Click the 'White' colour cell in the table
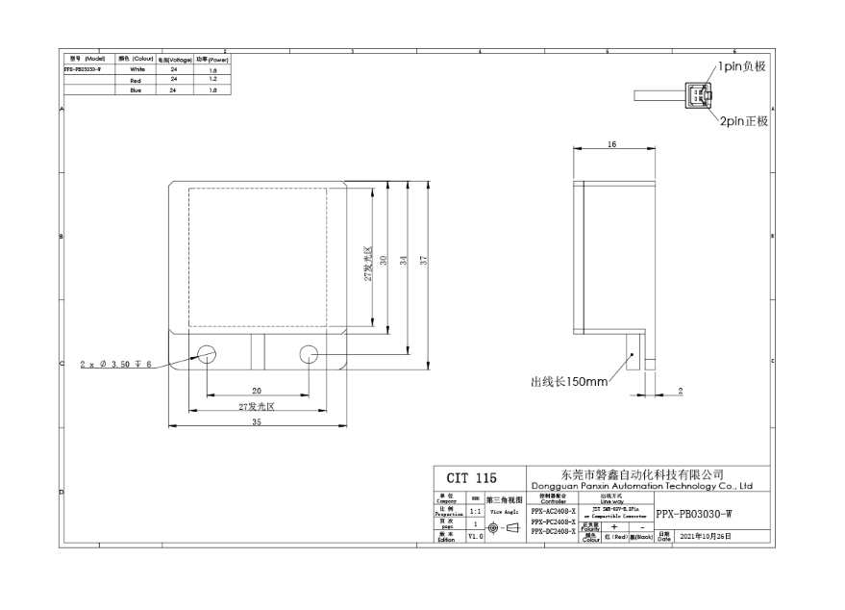[x=136, y=69]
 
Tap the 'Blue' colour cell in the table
[x=136, y=89]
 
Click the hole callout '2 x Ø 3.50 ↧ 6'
[x=116, y=364]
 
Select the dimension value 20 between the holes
[x=257, y=391]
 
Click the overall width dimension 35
[x=257, y=421]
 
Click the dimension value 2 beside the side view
[x=681, y=390]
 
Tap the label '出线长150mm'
[x=569, y=382]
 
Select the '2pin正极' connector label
[x=742, y=122]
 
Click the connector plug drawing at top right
[x=697, y=95]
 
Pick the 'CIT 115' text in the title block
[x=471, y=478]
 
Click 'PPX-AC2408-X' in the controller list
[x=553, y=512]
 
